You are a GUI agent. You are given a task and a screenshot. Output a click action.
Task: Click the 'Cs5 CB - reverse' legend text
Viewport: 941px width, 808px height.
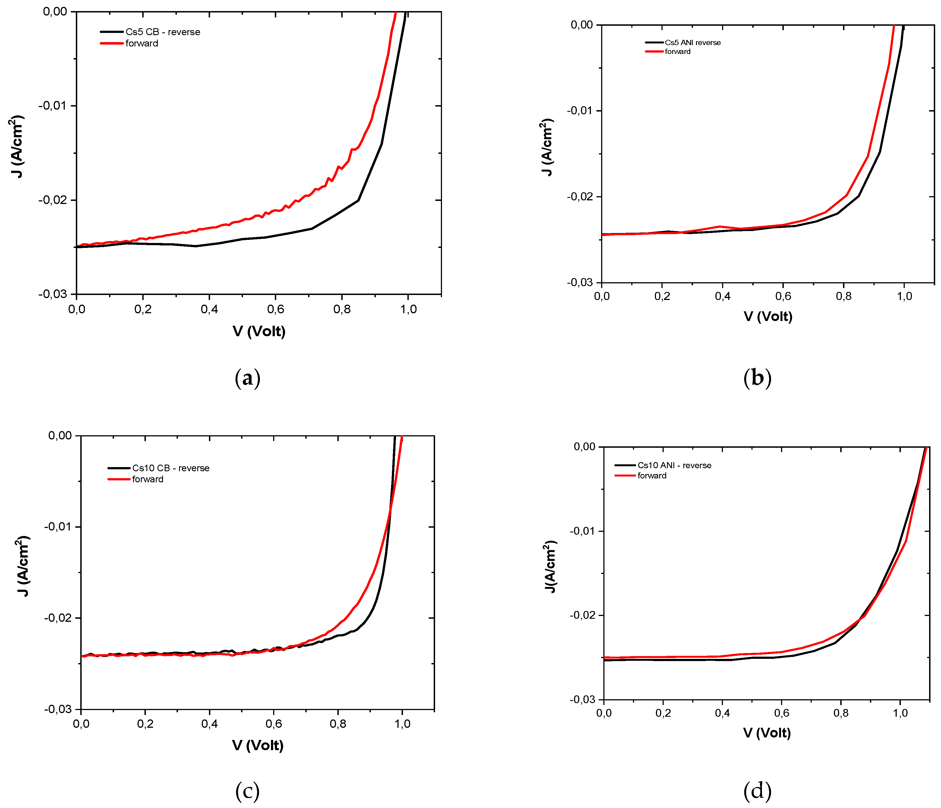click(162, 32)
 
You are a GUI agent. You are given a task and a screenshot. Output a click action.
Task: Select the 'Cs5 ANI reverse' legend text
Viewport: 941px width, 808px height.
click(692, 43)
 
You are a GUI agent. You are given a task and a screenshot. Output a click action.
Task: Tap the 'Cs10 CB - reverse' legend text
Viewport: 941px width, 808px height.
click(171, 468)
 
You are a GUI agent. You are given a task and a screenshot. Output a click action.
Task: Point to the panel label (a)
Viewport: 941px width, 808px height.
click(247, 378)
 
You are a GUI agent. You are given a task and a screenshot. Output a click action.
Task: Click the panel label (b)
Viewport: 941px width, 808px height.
click(757, 378)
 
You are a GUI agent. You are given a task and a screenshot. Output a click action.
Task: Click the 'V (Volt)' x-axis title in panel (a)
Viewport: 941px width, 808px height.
click(259, 331)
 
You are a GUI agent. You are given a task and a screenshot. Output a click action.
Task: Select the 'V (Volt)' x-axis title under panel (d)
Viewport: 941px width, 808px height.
click(767, 733)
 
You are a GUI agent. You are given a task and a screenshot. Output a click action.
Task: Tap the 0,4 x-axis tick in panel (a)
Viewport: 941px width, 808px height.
click(209, 309)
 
